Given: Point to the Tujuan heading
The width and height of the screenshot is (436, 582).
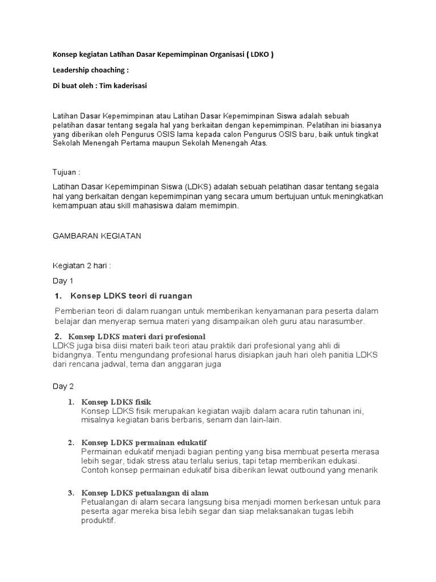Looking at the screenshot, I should click(66, 172).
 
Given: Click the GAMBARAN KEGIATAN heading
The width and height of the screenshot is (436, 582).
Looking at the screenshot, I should click(97, 236).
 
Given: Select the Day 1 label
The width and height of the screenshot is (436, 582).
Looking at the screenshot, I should click(64, 281).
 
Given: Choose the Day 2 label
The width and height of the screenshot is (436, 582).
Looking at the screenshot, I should click(64, 386).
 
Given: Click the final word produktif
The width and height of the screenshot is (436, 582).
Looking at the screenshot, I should click(99, 521).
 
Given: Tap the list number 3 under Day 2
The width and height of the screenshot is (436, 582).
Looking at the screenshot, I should click(71, 492).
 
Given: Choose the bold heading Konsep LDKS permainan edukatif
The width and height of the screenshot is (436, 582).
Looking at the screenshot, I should click(144, 442).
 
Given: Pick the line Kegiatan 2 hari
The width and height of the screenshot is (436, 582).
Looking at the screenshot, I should click(82, 265).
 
